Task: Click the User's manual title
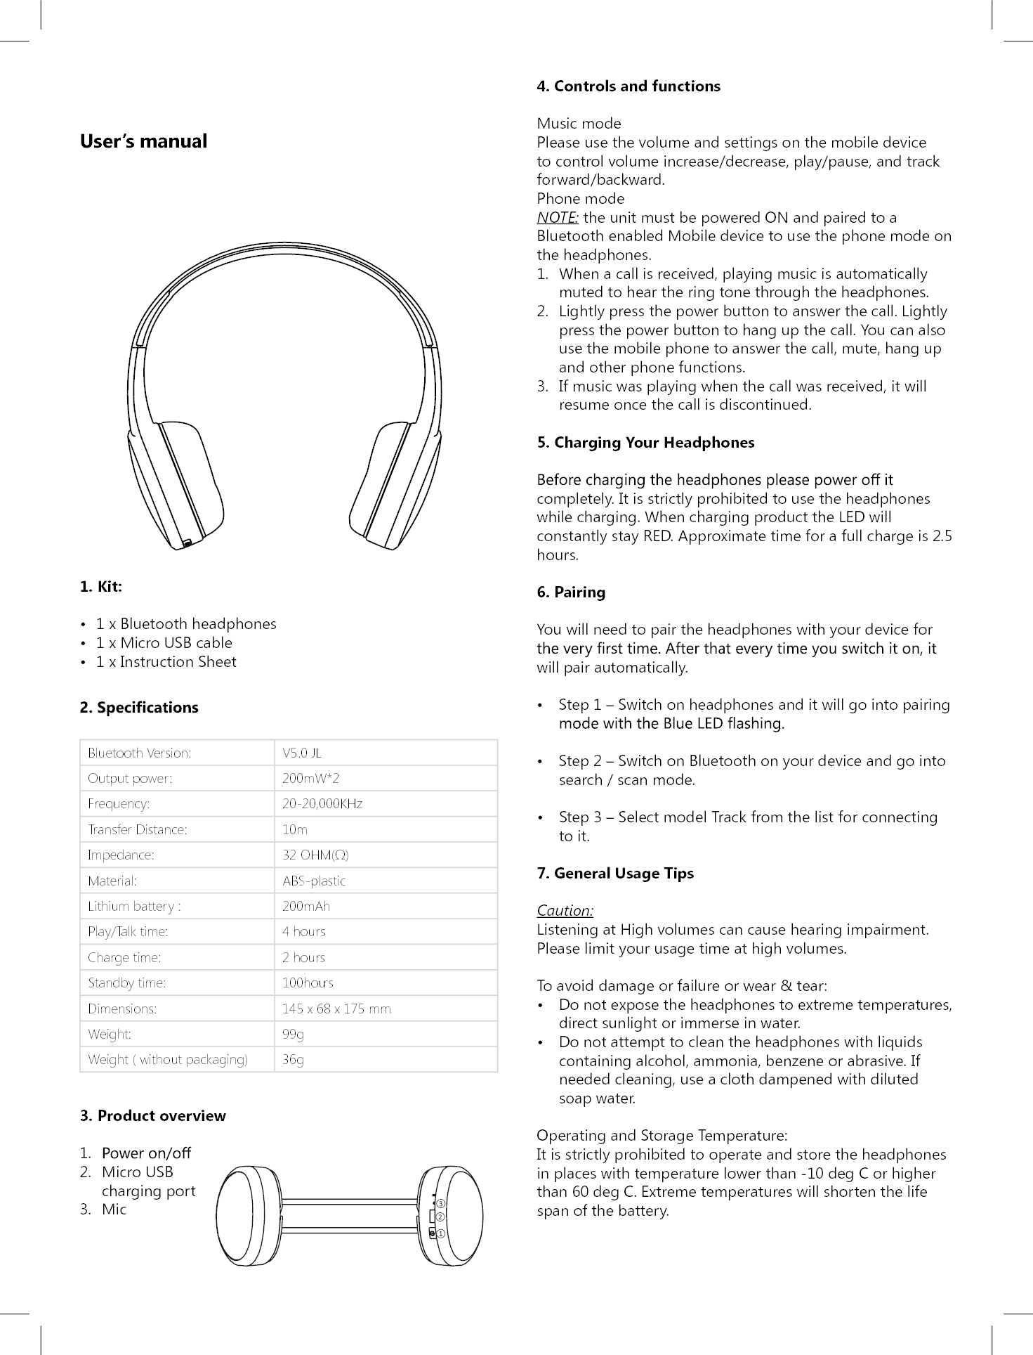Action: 143,141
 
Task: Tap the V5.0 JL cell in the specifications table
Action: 301,753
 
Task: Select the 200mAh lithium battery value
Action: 305,906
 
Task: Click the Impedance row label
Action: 121,855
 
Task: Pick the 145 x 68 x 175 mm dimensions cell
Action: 336,1009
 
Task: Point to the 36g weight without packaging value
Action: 293,1060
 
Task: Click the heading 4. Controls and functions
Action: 628,86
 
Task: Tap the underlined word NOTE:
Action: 558,218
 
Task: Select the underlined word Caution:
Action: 565,911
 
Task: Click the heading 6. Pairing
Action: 570,592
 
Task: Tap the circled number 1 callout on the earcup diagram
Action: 441,1233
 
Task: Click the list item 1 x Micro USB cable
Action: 164,643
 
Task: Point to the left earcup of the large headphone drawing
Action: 179,485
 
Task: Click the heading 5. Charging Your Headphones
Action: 645,443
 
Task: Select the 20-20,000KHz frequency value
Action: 322,804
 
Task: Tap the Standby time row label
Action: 126,983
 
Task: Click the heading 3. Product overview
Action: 152,1116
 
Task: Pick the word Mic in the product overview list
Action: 114,1210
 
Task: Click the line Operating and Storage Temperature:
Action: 662,1136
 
